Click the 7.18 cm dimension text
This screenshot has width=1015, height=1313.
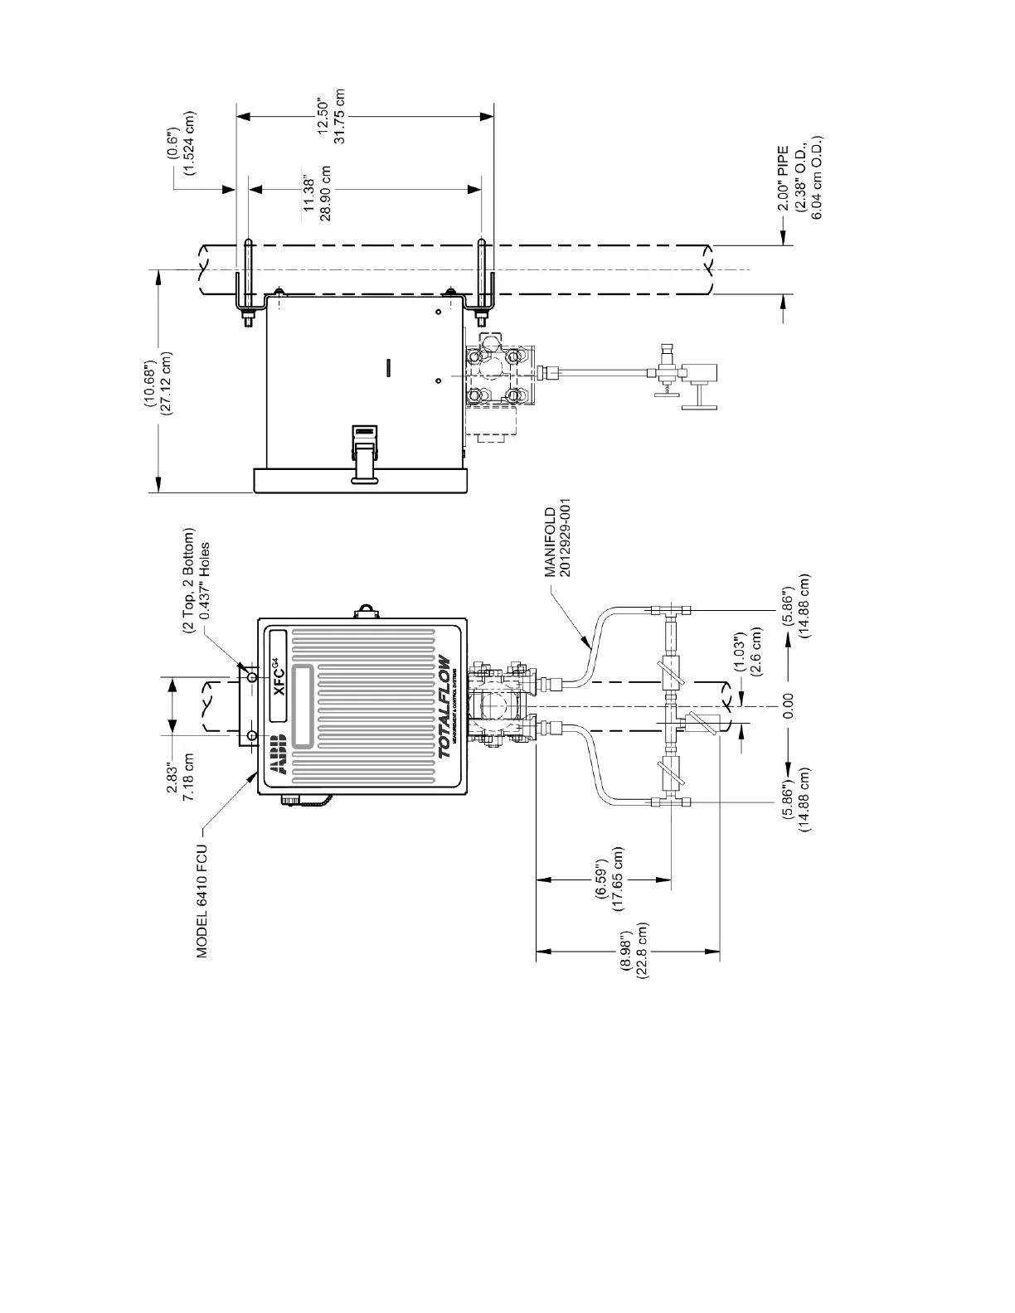pyautogui.click(x=189, y=778)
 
